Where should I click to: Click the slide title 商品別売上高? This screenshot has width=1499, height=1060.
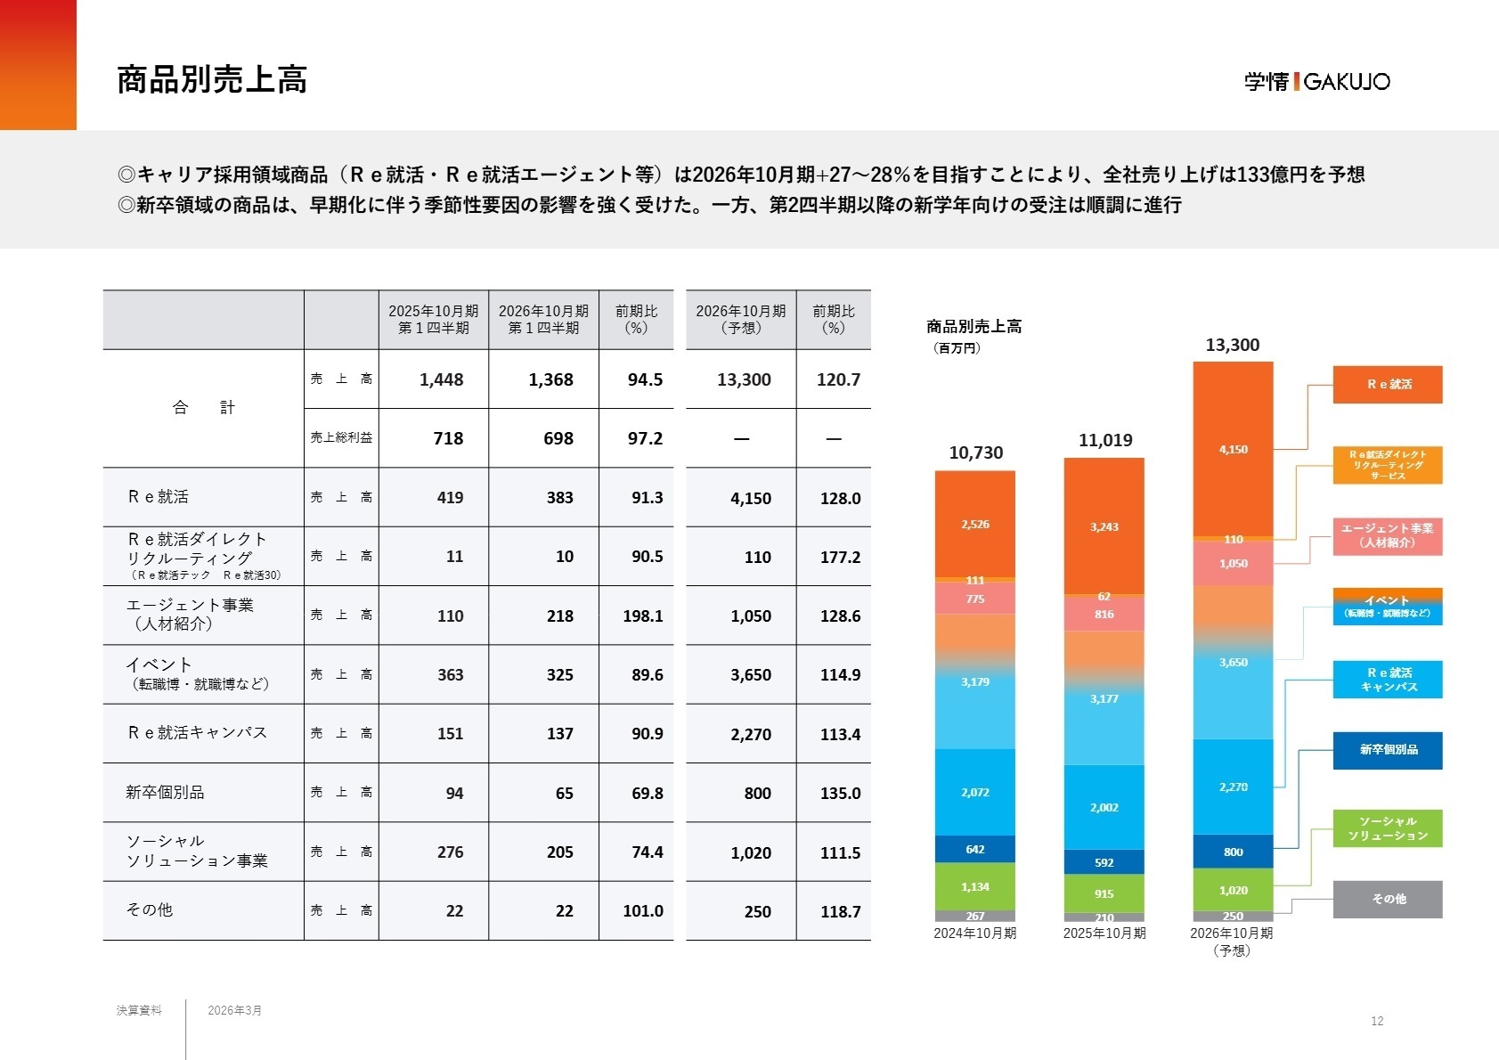212,80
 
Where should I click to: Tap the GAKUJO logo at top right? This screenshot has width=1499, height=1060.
1316,82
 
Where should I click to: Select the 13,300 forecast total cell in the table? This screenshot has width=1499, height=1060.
744,379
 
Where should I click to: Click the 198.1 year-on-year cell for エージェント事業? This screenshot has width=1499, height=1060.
643,616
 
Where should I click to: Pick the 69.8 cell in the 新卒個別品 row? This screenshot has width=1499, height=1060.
647,793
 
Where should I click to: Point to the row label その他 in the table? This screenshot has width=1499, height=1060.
150,909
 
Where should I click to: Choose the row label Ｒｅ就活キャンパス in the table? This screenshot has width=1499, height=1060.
197,732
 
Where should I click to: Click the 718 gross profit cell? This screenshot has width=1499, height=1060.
448,438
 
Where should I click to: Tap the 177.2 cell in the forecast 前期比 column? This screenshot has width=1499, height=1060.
840,557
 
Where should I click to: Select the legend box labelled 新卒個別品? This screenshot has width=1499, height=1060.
1387,750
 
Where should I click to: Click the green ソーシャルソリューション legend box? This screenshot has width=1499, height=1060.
1387,828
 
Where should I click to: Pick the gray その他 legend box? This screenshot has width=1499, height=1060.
1387,899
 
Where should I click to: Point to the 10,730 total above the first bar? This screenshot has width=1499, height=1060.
975,453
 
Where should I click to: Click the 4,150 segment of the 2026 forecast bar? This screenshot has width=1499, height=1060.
1233,449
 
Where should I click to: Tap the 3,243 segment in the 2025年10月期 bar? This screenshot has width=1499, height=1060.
1104,526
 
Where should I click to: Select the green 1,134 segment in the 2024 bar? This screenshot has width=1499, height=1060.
974,886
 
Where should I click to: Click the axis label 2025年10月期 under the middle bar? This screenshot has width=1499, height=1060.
1104,934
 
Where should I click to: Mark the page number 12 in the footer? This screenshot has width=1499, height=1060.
1377,1021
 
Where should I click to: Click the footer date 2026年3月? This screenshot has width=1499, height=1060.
234,1010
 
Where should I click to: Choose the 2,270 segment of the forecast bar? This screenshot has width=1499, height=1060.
1233,787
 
